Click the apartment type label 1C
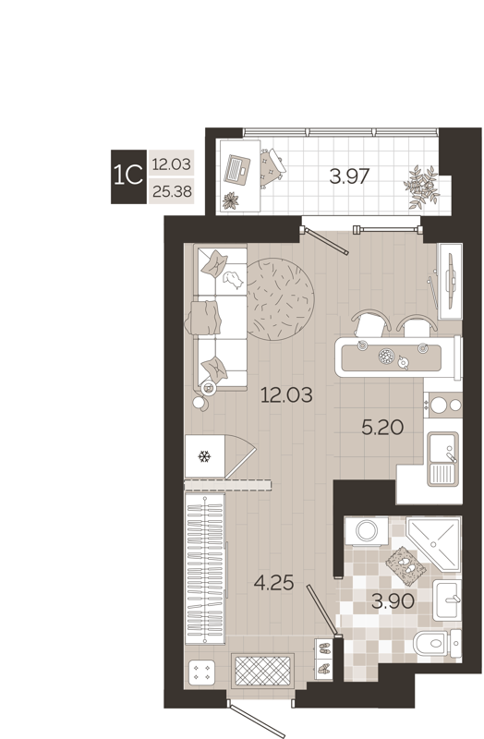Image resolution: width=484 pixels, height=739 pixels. pos(127,172)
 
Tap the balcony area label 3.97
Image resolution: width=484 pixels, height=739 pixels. pos(350,176)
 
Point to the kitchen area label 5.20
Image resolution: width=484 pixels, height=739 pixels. pos(381,427)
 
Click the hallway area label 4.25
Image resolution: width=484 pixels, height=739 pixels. pos(275,583)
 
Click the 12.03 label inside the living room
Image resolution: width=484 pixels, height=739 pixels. pos(286,395)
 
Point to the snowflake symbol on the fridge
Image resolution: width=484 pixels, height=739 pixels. pos(204,456)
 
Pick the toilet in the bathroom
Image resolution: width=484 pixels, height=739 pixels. pos(432,641)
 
